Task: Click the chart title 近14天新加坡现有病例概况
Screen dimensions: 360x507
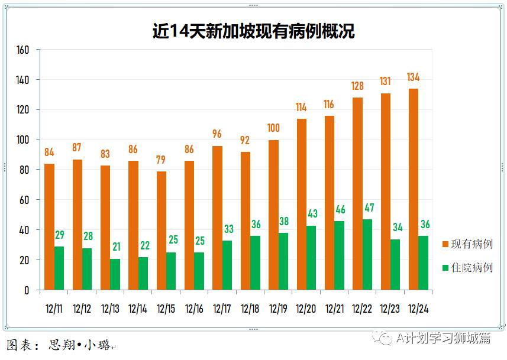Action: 253,30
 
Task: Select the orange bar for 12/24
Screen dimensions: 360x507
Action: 414,189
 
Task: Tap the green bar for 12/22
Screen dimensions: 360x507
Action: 367,254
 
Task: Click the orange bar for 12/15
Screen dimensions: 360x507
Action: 162,231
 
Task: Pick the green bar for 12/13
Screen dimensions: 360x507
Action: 115,274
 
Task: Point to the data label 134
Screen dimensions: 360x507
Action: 414,77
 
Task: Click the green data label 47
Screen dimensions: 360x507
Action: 369,208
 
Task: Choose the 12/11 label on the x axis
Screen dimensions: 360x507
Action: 54,308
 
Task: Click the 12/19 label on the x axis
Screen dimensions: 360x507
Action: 278,308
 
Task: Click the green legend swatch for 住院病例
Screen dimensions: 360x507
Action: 445,268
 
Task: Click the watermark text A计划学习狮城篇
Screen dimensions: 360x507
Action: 444,338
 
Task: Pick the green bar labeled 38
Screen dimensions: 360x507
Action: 283,261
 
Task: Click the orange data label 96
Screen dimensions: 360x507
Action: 217,135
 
